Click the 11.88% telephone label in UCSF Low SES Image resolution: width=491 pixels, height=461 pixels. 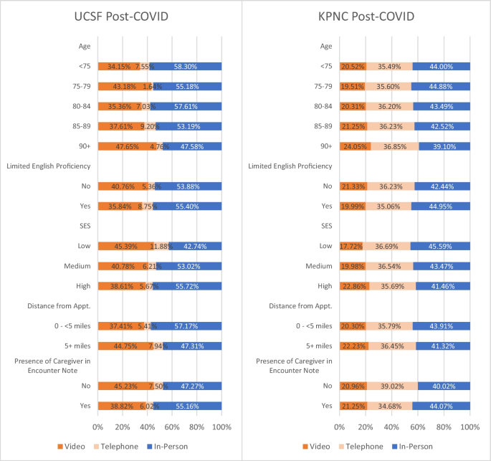click(161, 246)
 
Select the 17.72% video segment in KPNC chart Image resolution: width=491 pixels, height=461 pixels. click(351, 246)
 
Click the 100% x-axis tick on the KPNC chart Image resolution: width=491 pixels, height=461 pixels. click(469, 427)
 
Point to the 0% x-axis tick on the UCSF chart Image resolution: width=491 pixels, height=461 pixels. click(98, 427)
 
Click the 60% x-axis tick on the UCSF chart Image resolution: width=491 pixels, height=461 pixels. click(172, 427)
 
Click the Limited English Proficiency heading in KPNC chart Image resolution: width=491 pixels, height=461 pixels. click(290, 166)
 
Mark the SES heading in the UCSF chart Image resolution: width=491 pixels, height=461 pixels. click(84, 226)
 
